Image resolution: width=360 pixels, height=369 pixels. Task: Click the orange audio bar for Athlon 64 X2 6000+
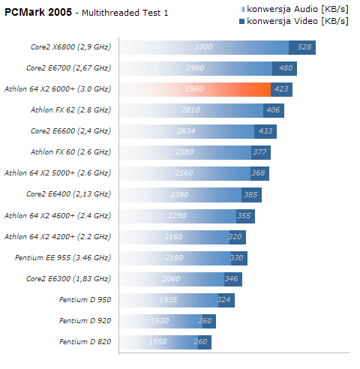click(x=195, y=89)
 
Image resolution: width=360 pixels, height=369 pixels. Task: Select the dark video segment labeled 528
click(x=302, y=47)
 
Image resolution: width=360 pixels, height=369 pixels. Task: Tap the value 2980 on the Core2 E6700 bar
click(x=195, y=68)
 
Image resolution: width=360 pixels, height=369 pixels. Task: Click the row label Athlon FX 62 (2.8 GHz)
click(x=70, y=110)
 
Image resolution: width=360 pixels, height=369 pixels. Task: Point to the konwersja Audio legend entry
click(x=294, y=9)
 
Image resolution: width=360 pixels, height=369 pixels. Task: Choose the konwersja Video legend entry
click(x=294, y=21)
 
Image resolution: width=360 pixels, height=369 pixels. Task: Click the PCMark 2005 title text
click(x=38, y=12)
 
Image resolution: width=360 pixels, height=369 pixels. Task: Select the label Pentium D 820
click(x=85, y=342)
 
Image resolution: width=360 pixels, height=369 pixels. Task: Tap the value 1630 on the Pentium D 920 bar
click(x=160, y=321)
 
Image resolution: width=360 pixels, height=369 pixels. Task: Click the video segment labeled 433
click(x=265, y=131)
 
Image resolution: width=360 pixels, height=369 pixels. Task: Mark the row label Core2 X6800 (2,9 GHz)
click(x=70, y=47)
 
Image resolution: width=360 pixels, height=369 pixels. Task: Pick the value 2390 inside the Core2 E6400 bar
click(x=179, y=195)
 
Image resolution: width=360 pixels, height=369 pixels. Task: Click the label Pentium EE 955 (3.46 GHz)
click(x=63, y=258)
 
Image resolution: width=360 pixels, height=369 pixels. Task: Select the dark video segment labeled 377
click(x=261, y=152)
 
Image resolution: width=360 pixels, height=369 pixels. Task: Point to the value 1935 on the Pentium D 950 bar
click(x=168, y=300)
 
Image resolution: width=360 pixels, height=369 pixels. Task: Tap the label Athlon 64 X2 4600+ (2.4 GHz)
click(x=58, y=216)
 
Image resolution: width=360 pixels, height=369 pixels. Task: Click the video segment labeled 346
click(x=233, y=279)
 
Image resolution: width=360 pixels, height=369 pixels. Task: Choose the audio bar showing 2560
click(x=185, y=173)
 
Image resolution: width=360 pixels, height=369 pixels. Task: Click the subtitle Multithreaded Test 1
click(x=125, y=13)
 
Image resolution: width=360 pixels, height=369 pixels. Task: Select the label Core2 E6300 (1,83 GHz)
click(x=68, y=279)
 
